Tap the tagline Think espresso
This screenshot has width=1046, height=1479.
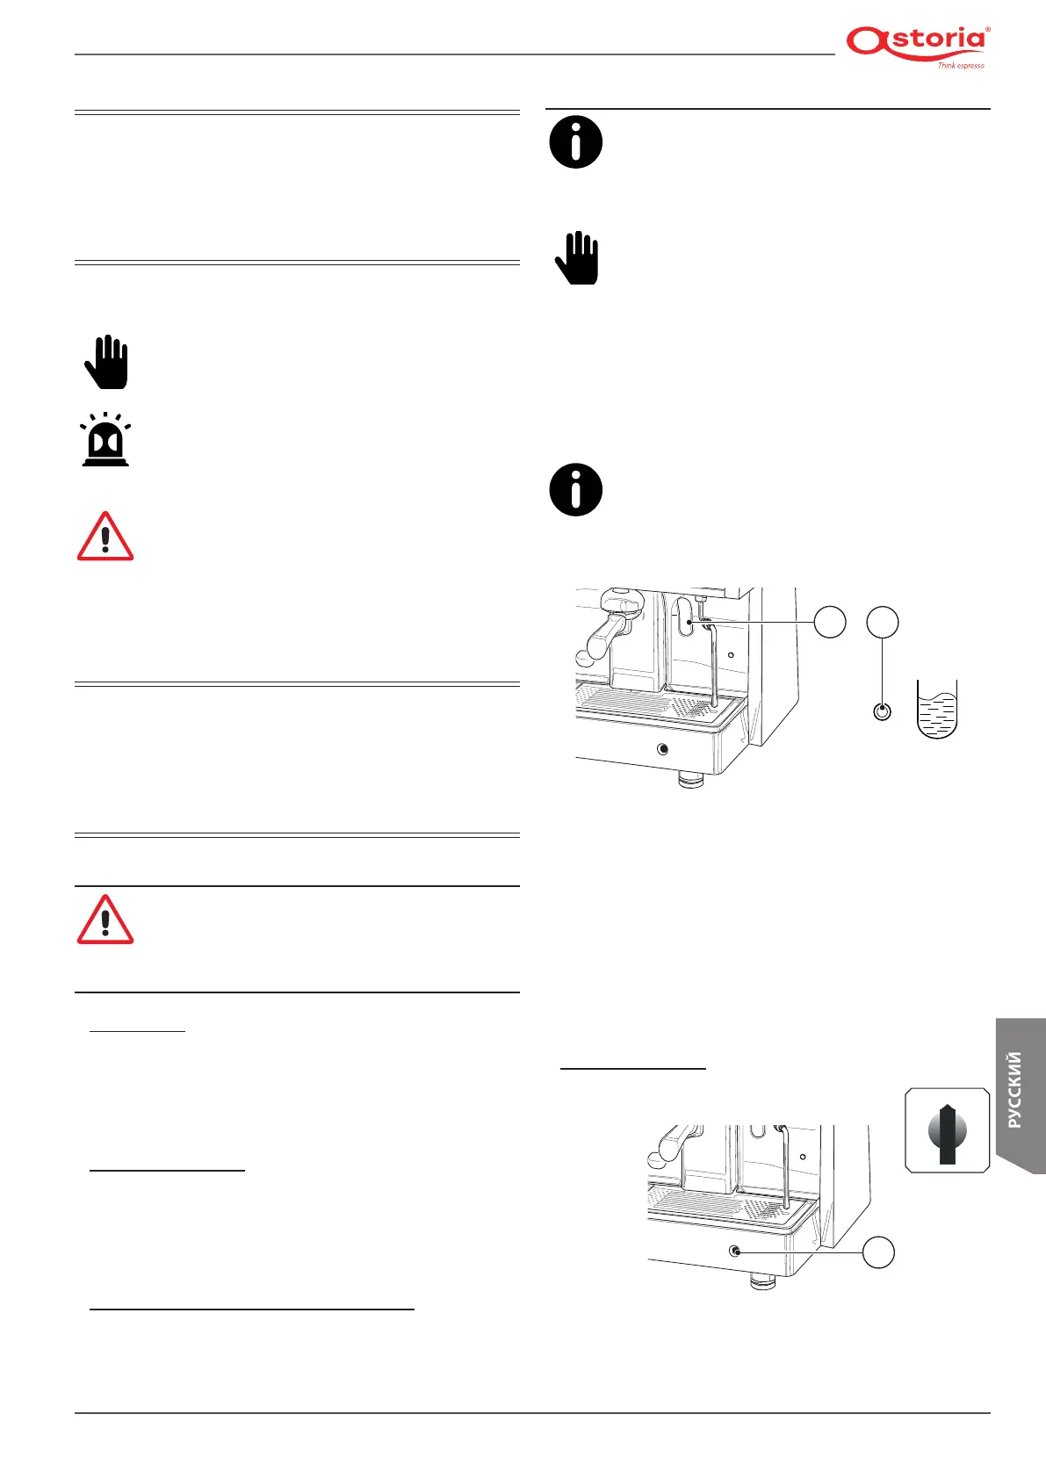pyautogui.click(x=960, y=66)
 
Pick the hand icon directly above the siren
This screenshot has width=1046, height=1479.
pyautogui.click(x=106, y=362)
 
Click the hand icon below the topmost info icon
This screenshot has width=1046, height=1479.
pyautogui.click(x=577, y=257)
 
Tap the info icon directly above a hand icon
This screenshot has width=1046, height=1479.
pyautogui.click(x=576, y=141)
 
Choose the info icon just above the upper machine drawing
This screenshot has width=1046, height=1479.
pyautogui.click(x=576, y=489)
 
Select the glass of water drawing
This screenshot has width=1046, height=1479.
pyautogui.click(x=936, y=709)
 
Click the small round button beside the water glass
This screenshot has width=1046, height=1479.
pyautogui.click(x=883, y=711)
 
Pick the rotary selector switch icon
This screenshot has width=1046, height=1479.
pyautogui.click(x=947, y=1130)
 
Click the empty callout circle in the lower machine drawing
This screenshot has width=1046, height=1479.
pyautogui.click(x=878, y=1252)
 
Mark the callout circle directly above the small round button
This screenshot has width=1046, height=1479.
pyautogui.click(x=883, y=622)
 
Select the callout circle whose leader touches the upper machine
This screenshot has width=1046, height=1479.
pyautogui.click(x=830, y=622)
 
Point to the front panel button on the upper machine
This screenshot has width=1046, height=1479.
pyautogui.click(x=662, y=749)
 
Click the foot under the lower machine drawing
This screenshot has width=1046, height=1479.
pyautogui.click(x=763, y=1282)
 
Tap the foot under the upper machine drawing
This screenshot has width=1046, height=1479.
pyautogui.click(x=691, y=779)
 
